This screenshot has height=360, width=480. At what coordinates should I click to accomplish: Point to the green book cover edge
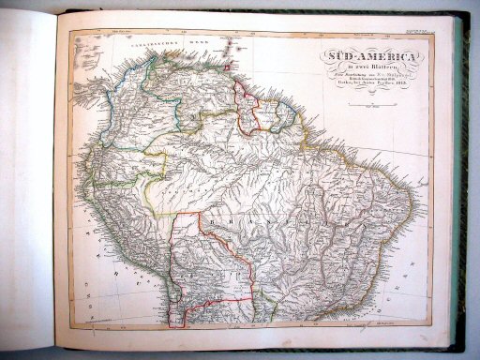[466, 187]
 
